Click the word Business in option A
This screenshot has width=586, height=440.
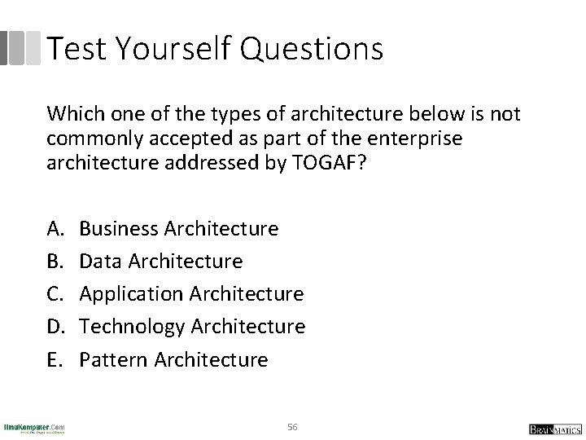[119, 229]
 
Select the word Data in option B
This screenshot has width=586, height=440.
[100, 262]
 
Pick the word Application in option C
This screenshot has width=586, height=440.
[132, 294]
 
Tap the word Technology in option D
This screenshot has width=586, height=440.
[133, 327]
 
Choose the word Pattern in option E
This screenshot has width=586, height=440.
[112, 359]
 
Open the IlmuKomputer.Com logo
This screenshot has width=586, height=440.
[34, 427]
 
